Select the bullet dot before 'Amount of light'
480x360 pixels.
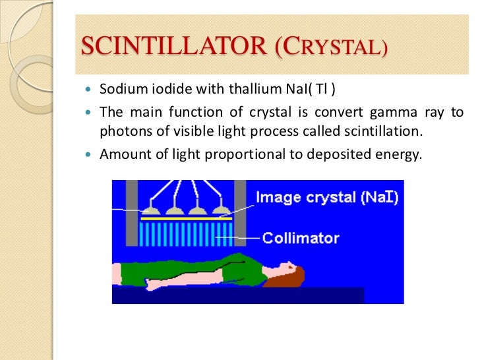pos(90,156)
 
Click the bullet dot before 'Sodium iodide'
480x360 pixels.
pos(90,89)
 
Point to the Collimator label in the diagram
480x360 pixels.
pos(300,238)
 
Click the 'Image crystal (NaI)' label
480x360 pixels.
pos(326,197)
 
